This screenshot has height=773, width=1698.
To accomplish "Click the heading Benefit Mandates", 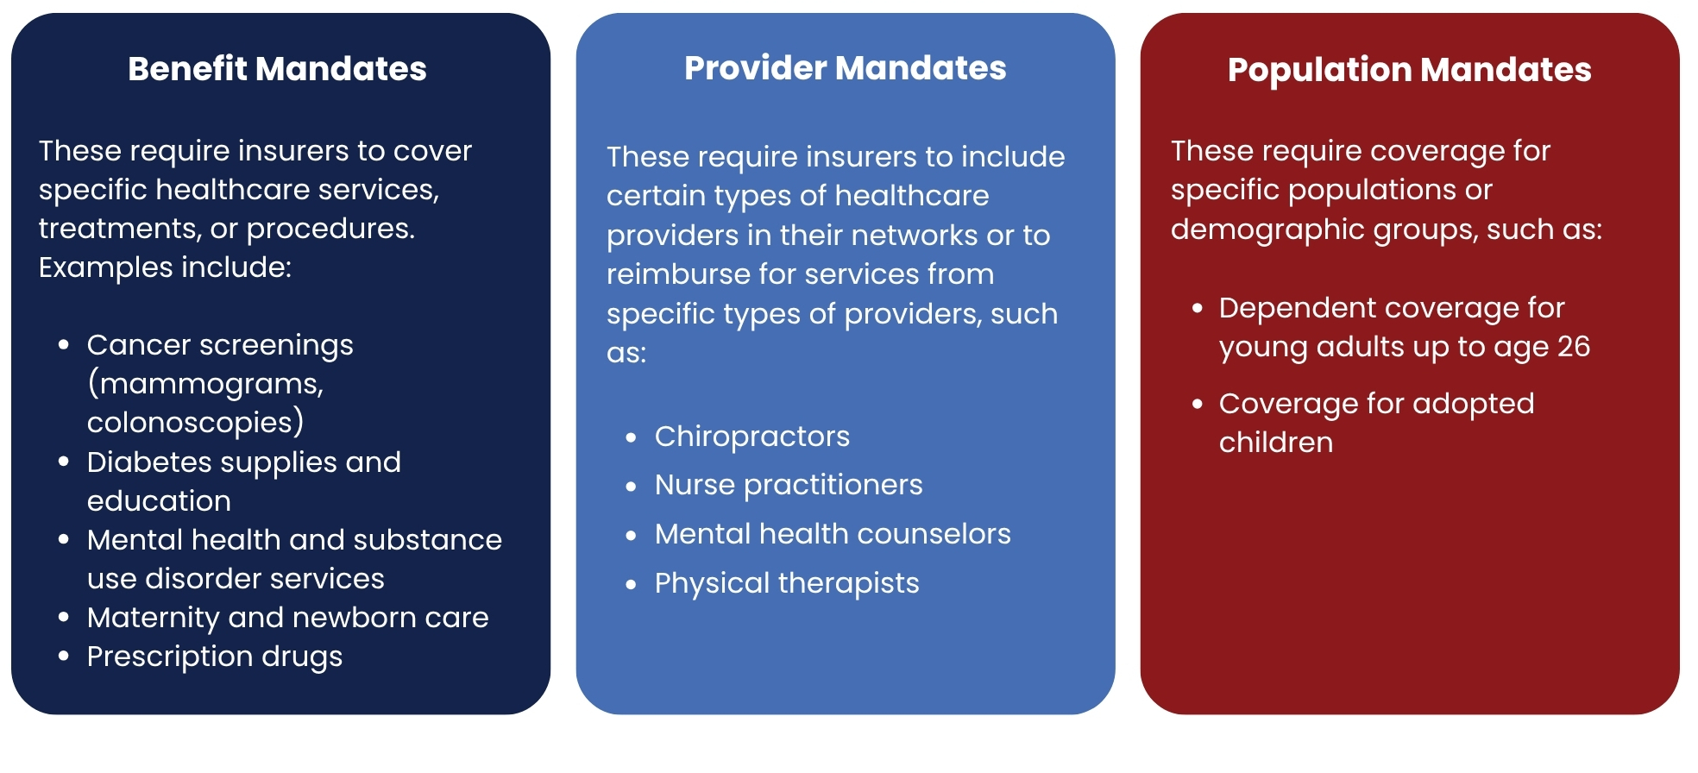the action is pyautogui.click(x=277, y=69).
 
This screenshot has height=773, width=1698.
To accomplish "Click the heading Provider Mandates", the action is pyautogui.click(x=846, y=68).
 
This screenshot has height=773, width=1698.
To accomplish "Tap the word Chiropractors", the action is pyautogui.click(x=752, y=437).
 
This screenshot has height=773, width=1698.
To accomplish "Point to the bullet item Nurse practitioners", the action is pyautogui.click(x=789, y=485).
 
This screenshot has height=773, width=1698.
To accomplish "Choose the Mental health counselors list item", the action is pyautogui.click(x=833, y=534).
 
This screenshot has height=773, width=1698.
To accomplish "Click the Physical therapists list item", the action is pyautogui.click(x=787, y=583).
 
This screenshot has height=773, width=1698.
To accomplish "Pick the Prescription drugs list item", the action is pyautogui.click(x=215, y=657).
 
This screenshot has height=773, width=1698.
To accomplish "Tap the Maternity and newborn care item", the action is pyautogui.click(x=288, y=618).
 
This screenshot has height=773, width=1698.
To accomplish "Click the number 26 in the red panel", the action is pyautogui.click(x=1574, y=347).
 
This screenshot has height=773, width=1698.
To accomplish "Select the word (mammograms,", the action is pyautogui.click(x=205, y=384).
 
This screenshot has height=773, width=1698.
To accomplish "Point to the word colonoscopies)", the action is pyautogui.click(x=196, y=423).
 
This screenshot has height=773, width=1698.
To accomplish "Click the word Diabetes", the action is pyautogui.click(x=148, y=462).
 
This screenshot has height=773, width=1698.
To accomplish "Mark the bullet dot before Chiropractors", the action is pyautogui.click(x=632, y=438).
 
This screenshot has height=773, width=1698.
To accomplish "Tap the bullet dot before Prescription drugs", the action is pyautogui.click(x=64, y=657).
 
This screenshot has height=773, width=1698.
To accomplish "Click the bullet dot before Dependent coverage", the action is pyautogui.click(x=1197, y=308).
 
